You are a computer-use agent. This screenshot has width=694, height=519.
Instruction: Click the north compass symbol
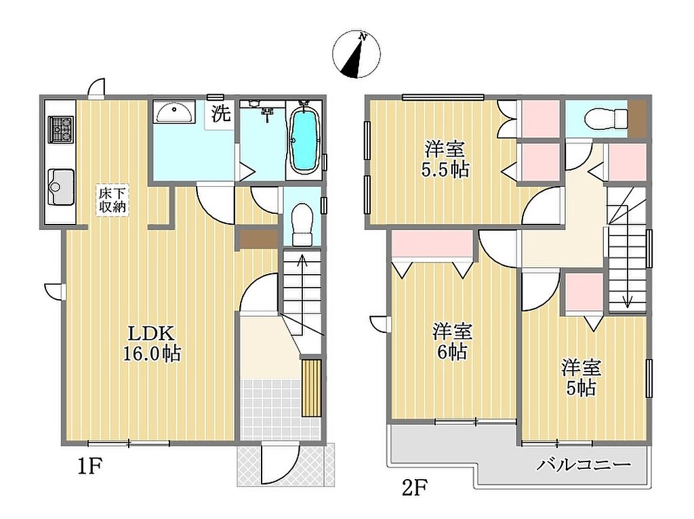pos(356,55)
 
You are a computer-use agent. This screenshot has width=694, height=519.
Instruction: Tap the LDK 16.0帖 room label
pos(152,343)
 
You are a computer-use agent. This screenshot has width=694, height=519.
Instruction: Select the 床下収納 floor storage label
pos(113,200)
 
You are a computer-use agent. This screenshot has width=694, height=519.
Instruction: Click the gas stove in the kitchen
pos(61,129)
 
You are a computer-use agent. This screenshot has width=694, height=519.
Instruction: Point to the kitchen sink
pos(60,187)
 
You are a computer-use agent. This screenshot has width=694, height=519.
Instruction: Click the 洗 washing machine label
pos(220,114)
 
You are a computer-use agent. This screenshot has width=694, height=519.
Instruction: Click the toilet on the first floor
pos(303,224)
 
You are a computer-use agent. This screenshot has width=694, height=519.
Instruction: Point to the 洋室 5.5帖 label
pos(445,159)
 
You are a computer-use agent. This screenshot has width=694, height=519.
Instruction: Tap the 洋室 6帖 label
pos(452,341)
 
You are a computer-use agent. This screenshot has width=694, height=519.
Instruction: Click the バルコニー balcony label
pos(584,465)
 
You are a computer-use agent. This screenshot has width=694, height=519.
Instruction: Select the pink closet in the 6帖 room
pos(433,244)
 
